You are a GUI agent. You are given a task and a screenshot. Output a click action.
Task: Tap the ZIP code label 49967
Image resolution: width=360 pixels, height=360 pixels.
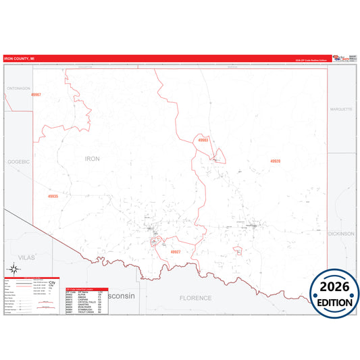coord(36,95)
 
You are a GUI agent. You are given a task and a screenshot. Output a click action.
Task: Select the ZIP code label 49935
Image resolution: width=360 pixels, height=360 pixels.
coord(53,197)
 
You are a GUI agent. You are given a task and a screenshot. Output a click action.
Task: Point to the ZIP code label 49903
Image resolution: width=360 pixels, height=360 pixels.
coord(203,140)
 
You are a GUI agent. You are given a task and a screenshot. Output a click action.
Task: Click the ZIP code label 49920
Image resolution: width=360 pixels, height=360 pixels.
coord(275,161)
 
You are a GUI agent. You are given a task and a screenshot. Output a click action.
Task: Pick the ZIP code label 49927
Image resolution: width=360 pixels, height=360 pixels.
coord(176,251)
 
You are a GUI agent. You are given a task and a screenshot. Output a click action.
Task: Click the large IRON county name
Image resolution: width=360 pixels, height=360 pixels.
coord(92,158)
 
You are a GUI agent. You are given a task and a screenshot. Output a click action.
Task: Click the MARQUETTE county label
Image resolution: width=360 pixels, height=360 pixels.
coord(341,109)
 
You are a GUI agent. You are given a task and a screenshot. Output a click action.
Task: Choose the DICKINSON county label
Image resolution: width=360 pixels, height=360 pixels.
coord(340,233)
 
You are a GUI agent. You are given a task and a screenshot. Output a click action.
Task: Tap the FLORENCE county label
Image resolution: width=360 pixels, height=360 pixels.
coord(195,298)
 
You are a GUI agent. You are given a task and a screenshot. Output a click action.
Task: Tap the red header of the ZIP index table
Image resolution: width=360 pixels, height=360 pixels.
coord(86,288)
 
